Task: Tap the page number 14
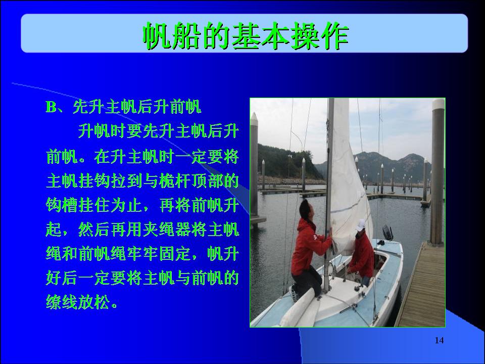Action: point(439,340)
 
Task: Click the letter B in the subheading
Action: point(51,107)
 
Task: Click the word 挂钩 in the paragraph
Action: point(94,181)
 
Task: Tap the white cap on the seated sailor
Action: point(361,225)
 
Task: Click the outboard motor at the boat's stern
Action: point(387,233)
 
